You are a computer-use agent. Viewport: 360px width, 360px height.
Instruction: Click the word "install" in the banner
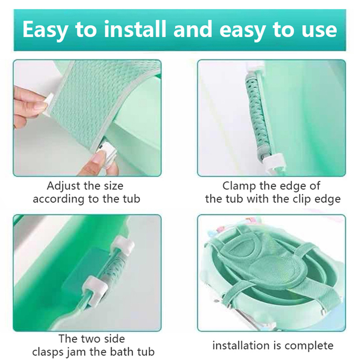point(135,29)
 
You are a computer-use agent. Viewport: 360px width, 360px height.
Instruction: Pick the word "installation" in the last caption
point(241,346)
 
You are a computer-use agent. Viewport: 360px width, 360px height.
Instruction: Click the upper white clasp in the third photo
point(123,246)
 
